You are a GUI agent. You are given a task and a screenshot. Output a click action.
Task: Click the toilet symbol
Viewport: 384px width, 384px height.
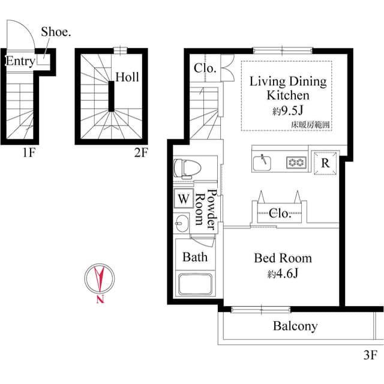coord(187,168)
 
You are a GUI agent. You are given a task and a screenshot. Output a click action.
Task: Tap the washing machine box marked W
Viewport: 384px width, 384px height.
coord(184,199)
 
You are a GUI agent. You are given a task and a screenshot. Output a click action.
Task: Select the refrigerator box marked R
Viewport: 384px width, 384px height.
coord(325,163)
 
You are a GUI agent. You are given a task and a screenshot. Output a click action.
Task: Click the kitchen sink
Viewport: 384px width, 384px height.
coord(262,163)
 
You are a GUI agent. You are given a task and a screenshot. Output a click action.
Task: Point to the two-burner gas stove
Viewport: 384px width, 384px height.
coord(296,162)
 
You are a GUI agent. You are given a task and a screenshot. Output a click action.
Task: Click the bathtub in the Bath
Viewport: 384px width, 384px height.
coord(195,284)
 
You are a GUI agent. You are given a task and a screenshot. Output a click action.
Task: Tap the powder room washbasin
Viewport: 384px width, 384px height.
coord(181,223)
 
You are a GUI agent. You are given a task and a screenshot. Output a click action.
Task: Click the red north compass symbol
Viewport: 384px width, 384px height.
coord(100,283)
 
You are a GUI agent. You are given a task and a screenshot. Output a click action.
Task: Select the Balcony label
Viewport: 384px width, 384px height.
coord(295,326)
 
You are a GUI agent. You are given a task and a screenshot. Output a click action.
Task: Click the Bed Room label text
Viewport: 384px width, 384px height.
coord(283,258)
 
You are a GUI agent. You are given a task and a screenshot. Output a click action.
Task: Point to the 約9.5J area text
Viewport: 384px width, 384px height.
coord(288,111)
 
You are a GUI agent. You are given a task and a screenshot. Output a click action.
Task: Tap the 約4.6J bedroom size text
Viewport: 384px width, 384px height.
coord(283,274)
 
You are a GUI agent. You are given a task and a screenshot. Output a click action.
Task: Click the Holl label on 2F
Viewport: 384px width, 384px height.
coord(127,77)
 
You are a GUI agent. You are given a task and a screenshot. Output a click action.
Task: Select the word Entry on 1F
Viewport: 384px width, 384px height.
coord(20,61)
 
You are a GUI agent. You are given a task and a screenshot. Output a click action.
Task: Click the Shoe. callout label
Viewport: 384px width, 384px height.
coord(56,32)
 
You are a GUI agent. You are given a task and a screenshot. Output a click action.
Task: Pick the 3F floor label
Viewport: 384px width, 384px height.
coord(370,355)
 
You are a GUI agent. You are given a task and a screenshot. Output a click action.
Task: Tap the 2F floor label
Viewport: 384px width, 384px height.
coord(141,153)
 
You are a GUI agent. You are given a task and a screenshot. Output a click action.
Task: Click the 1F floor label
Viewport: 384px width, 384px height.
coord(29,153)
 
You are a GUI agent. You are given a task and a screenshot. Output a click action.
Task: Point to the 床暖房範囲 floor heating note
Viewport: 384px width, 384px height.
coord(310,125)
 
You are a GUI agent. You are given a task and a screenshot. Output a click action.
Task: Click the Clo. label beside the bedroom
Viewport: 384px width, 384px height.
coord(280,214)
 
